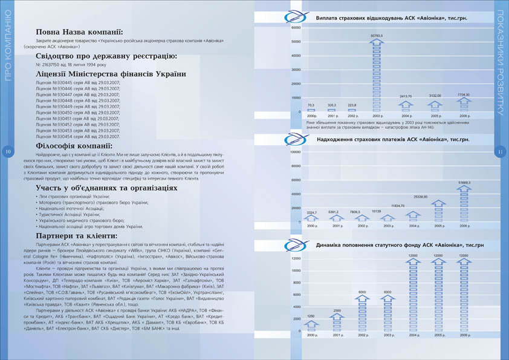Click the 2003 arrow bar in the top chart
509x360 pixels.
[x=377, y=75]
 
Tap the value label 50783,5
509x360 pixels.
[x=377, y=36]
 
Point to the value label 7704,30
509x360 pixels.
[x=464, y=95]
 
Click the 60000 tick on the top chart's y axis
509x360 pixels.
[x=296, y=28]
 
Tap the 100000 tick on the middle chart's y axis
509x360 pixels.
[x=296, y=152]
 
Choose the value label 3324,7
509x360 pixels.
[x=312, y=212]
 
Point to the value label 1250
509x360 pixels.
[x=311, y=316]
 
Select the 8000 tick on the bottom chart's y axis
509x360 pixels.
[x=296, y=283]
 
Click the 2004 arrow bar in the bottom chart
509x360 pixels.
[x=413, y=295]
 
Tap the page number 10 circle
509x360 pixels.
[x=8, y=151]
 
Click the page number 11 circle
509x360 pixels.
[x=501, y=151]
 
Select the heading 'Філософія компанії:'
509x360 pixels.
[x=73, y=146]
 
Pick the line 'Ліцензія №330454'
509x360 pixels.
[x=78, y=136]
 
